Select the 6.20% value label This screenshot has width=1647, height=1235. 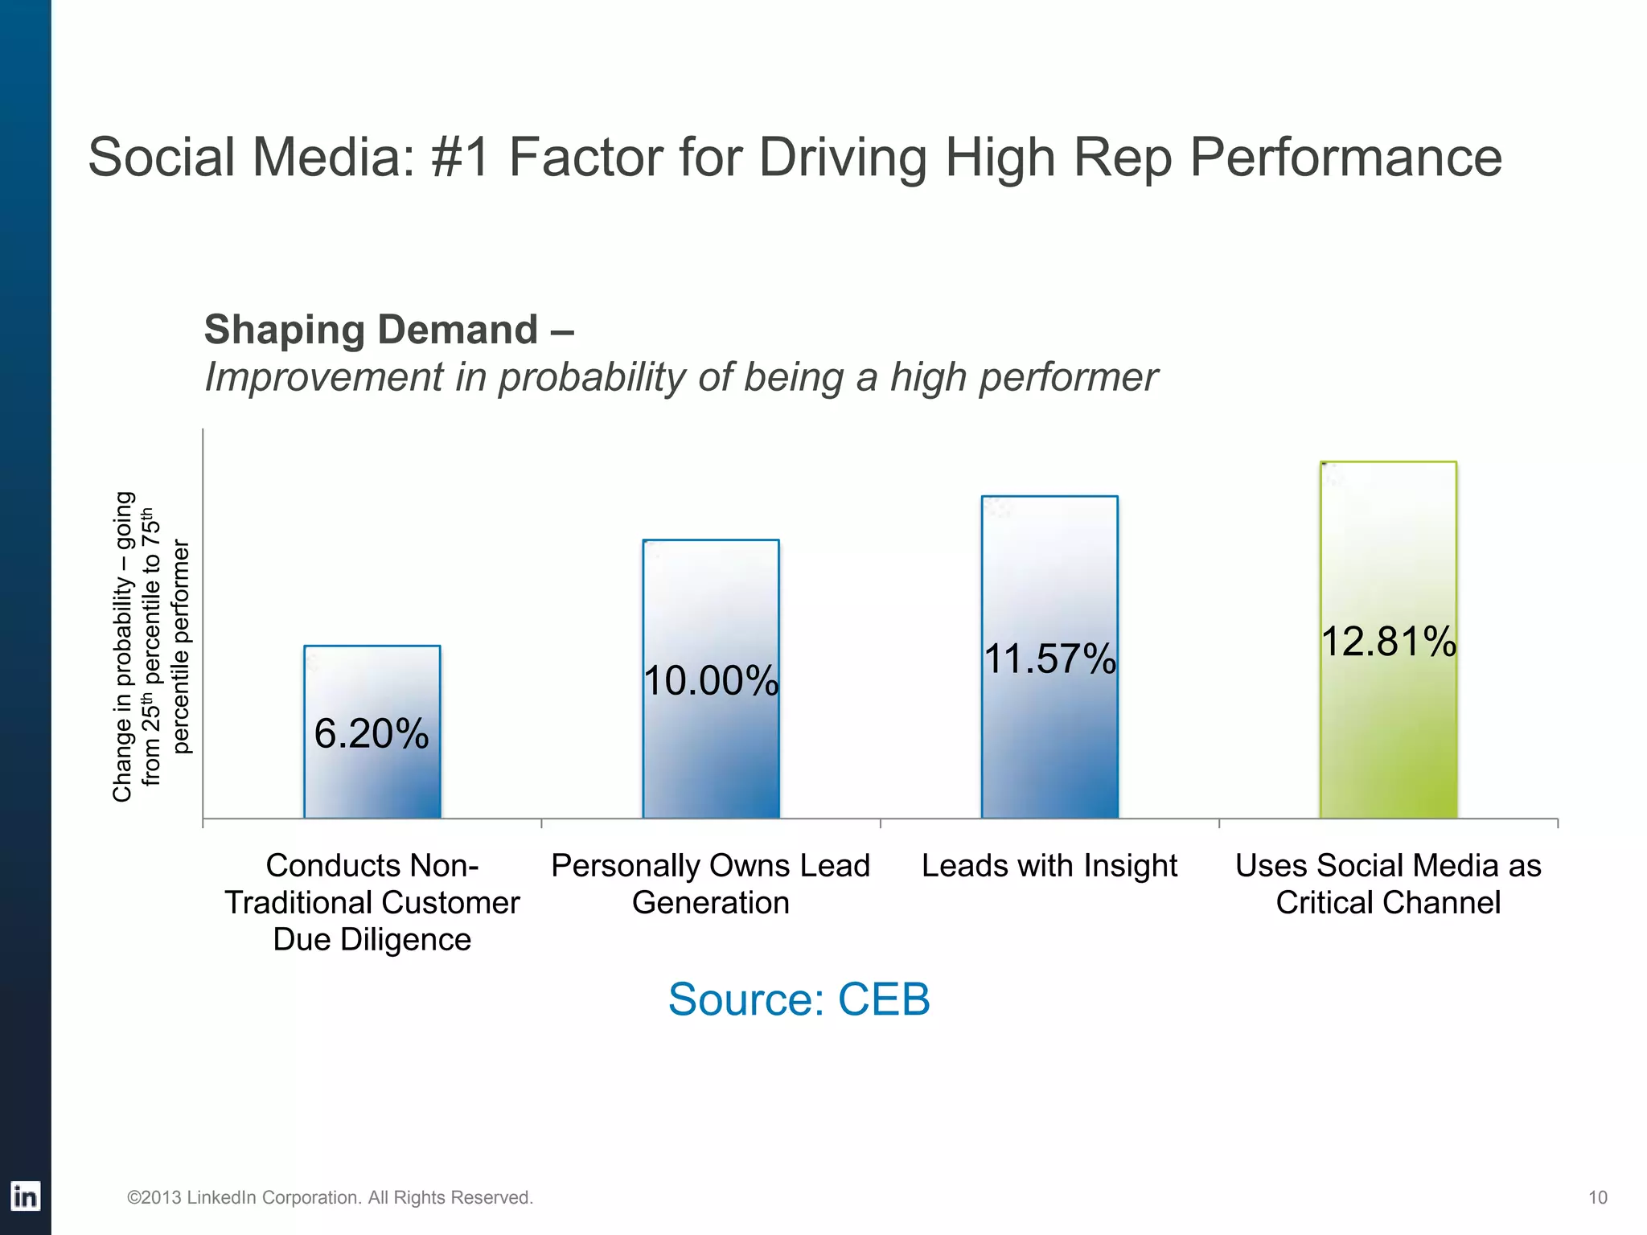pos(372,733)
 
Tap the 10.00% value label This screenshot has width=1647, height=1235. pos(711,681)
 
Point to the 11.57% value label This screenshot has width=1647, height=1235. pos(1049,659)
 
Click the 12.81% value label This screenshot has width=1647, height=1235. pos(1388,642)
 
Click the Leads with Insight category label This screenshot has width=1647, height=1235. pos(1049,866)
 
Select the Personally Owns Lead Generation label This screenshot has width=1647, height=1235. pos(710,884)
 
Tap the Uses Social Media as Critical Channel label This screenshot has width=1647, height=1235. pos(1388,884)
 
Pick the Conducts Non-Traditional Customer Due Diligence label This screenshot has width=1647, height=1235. pos(372,902)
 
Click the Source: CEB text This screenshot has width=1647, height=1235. pos(799,999)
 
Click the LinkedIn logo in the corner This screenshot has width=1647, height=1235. pos(25,1196)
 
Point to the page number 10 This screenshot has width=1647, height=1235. pos(1597,1197)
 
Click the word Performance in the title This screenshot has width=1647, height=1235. pos(1345,158)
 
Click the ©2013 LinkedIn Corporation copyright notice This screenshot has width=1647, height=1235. pos(330,1197)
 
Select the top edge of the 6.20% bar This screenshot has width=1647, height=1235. pos(372,646)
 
